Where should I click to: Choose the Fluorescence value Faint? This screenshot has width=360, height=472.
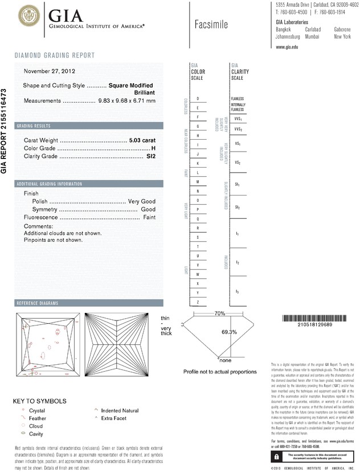[x=149, y=218]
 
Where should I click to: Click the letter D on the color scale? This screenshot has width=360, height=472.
[x=198, y=99]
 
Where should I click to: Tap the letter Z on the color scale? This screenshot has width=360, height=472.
[x=198, y=302]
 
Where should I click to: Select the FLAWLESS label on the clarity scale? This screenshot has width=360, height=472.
[x=238, y=99]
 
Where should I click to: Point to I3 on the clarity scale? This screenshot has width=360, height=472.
[x=237, y=291]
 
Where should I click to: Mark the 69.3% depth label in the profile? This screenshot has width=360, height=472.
[x=229, y=332]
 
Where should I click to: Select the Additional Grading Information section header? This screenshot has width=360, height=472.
[x=50, y=184]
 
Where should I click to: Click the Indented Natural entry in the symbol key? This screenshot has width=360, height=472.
[x=120, y=410]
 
